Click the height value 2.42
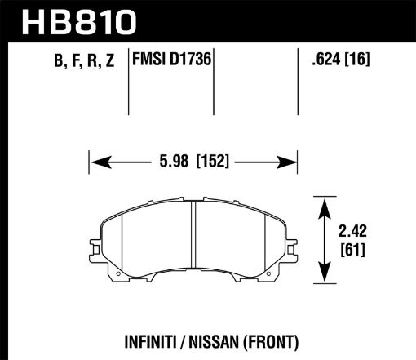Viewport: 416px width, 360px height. pos(354,229)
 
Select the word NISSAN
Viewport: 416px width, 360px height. pos(214,340)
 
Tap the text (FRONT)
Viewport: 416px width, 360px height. pos(273,340)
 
